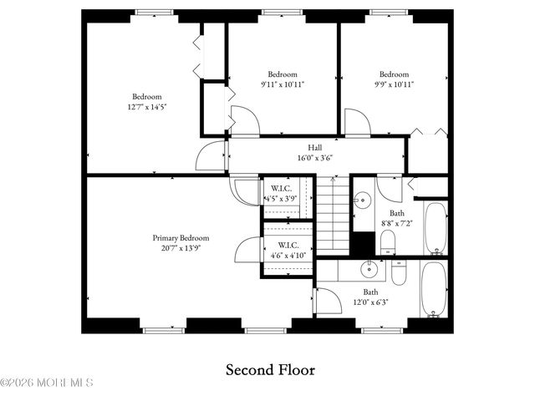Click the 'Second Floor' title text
[x=271, y=368]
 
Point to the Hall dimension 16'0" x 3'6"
[x=314, y=158]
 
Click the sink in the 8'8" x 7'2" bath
[x=362, y=201]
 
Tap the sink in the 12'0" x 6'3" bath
[x=368, y=270]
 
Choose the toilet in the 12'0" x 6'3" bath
[x=398, y=272]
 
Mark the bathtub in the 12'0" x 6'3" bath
[x=434, y=289]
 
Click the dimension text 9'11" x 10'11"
[x=283, y=84]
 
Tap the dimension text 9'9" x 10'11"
[x=394, y=84]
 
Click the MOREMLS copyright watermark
[x=47, y=383]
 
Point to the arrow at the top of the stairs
[x=333, y=179]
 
